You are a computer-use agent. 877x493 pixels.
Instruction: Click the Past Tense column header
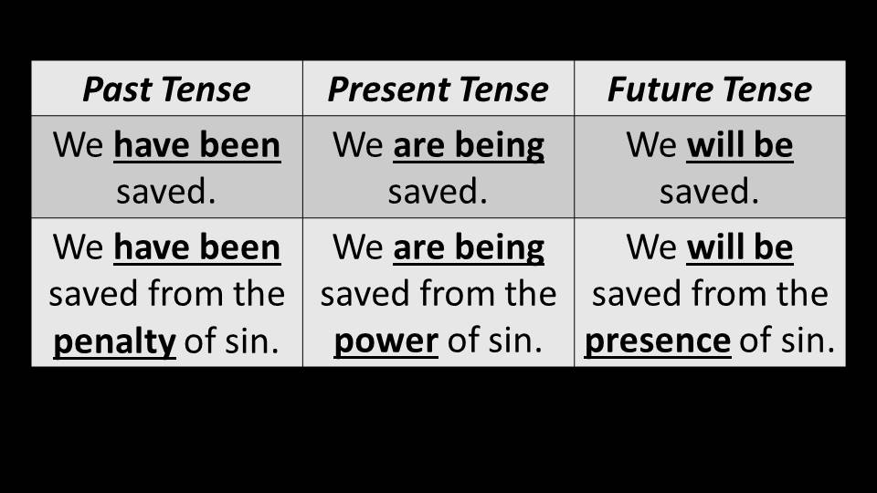166,89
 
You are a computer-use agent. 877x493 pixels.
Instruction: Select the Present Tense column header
438,89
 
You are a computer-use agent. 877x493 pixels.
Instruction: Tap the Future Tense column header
710,89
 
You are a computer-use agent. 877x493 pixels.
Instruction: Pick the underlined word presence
658,341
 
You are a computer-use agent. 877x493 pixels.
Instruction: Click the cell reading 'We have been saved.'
166,166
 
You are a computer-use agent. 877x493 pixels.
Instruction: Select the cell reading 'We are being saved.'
438,166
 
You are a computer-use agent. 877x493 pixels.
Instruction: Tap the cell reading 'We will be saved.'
710,166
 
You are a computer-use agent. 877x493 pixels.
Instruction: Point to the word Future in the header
659,89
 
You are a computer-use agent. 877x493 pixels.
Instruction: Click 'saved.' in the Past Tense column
166,192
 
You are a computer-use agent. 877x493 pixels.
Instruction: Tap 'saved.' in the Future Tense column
709,192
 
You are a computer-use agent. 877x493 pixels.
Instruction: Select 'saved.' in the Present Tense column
438,192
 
